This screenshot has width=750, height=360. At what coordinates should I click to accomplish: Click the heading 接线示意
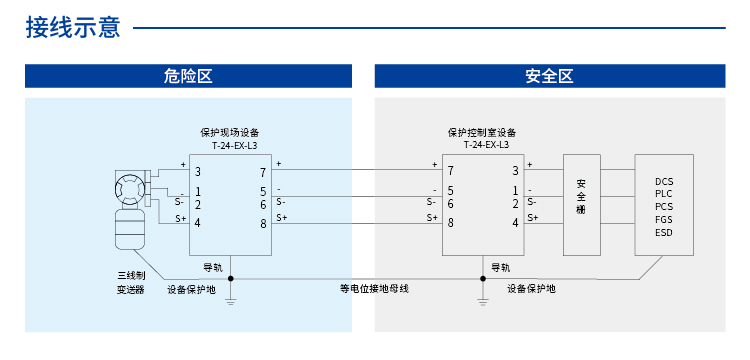72,27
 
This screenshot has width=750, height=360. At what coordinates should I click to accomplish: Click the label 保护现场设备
229,132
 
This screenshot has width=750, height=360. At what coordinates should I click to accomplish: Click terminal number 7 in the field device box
263,172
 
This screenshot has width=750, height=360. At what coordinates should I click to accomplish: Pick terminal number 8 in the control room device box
451,222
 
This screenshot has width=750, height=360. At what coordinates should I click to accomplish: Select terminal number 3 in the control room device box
515,172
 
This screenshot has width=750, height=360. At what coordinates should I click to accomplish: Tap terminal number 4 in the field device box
198,222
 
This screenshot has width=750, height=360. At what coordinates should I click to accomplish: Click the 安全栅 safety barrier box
581,204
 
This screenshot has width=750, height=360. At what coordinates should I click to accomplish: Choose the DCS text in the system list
664,181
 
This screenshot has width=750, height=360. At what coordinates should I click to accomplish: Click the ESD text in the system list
664,233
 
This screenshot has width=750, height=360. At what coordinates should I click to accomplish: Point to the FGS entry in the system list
664,220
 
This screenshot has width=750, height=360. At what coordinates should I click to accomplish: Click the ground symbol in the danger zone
231,298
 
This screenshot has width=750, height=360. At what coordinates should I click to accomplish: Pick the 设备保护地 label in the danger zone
191,289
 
